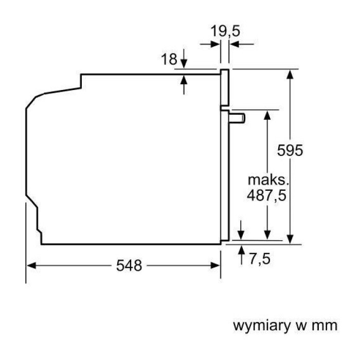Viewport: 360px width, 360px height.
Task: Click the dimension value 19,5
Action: [225, 31]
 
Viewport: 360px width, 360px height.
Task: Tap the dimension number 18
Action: [169, 59]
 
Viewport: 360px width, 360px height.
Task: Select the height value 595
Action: [290, 150]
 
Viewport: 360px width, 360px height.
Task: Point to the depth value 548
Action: [129, 265]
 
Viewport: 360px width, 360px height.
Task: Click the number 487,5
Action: [266, 195]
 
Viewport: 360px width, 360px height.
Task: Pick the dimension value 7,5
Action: [260, 259]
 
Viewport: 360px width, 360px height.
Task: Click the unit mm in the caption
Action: [325, 326]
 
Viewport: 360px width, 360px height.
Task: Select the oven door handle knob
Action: [237, 118]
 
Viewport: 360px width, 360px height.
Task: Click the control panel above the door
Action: [225, 87]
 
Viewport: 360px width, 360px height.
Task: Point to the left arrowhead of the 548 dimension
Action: [31, 266]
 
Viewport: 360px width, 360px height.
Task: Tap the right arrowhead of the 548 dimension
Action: [215, 266]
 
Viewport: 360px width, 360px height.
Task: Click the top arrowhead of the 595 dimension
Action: [290, 75]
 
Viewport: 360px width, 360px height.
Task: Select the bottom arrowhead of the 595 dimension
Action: [290, 239]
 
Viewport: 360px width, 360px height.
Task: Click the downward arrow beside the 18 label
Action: [184, 58]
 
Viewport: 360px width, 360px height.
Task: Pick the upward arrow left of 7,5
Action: [241, 255]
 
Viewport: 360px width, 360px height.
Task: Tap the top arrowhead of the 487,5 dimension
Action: [267, 115]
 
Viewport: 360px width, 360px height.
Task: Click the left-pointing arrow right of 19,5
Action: [242, 44]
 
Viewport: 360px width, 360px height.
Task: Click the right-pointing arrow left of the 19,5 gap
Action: [210, 44]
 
